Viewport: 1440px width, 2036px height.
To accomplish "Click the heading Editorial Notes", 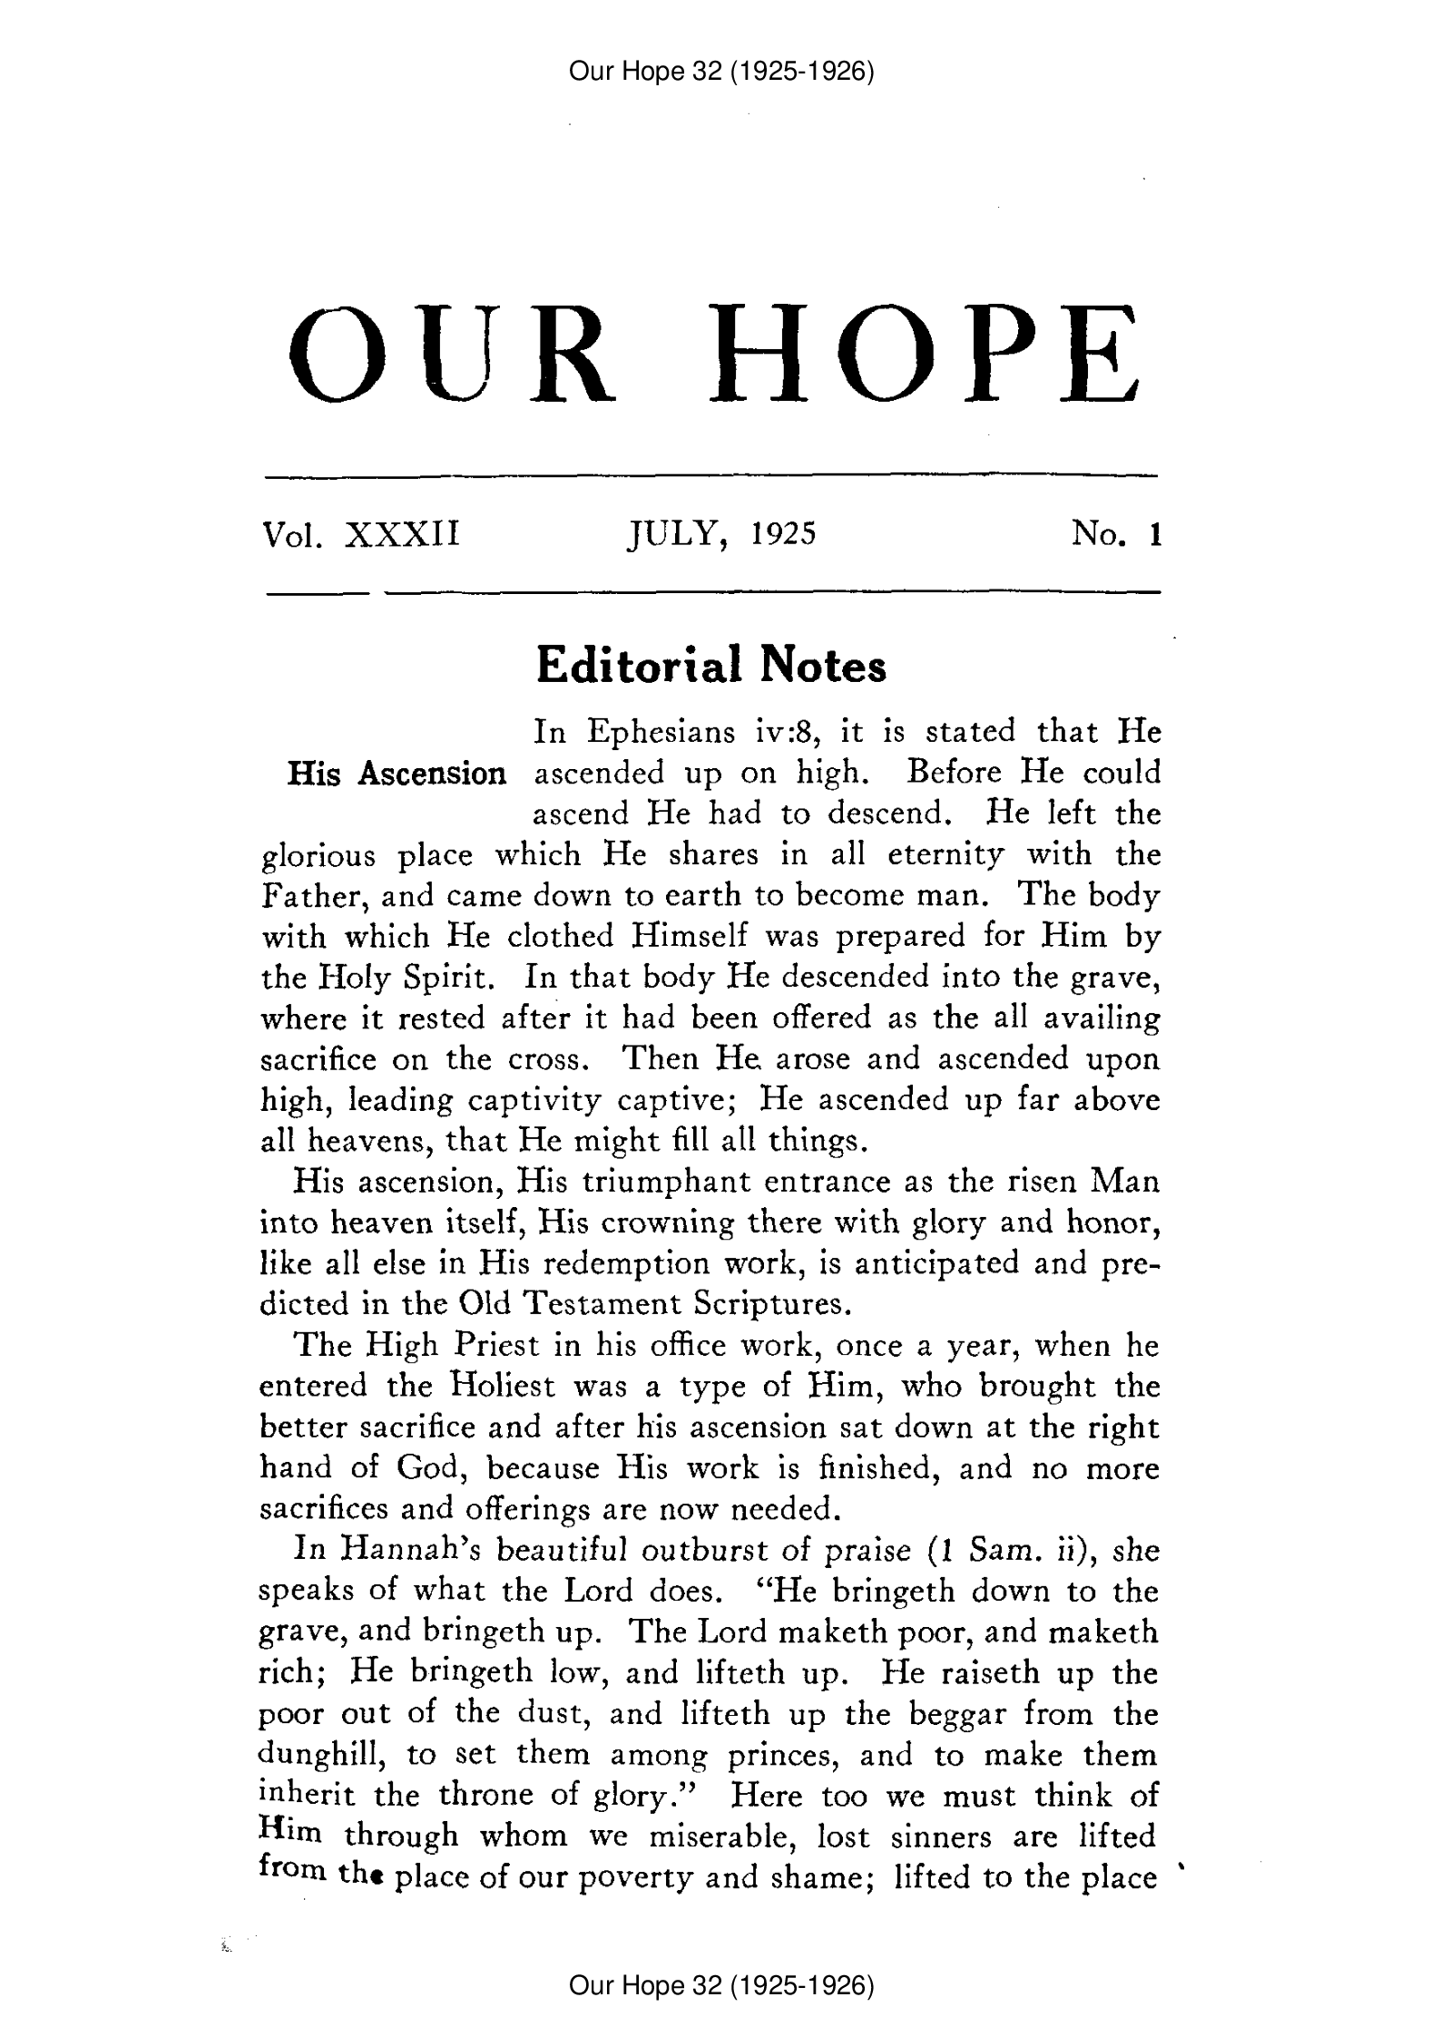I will pos(711,667).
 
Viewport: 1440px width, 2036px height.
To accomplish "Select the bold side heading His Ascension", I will pos(396,774).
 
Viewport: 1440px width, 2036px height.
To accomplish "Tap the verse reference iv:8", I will pos(776,732).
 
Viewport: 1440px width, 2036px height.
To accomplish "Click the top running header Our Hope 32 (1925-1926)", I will pos(720,71).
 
